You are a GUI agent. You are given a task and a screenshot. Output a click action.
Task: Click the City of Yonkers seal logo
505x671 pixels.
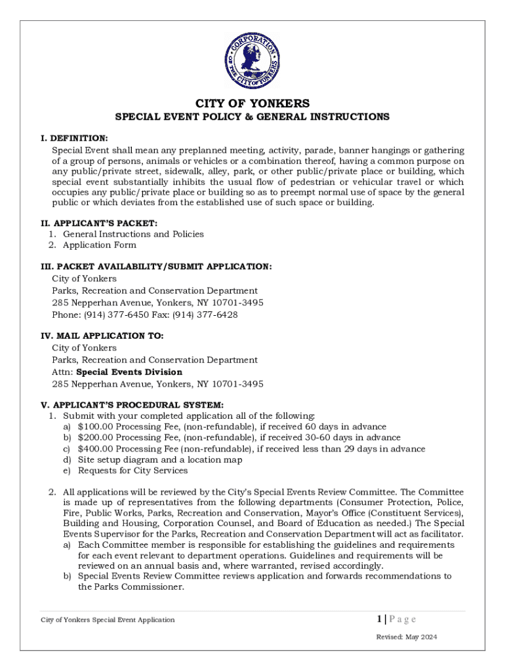coord(253,61)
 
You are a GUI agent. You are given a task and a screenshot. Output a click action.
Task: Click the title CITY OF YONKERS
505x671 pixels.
coord(253,104)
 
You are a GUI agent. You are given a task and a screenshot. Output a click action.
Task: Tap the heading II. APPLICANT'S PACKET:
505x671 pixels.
coord(99,223)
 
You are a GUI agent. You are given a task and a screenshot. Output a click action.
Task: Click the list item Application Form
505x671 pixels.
coord(100,245)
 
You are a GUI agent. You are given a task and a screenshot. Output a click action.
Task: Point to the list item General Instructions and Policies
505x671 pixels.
coord(133,234)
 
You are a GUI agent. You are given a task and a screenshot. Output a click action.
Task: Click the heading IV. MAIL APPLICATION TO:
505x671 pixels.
coord(102,335)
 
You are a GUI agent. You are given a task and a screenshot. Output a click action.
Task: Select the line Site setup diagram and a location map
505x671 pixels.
coord(160,460)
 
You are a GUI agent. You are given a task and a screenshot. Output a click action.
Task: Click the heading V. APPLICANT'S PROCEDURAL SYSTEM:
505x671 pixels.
coord(132,405)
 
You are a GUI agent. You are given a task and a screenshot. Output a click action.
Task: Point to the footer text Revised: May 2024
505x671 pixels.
coord(406,638)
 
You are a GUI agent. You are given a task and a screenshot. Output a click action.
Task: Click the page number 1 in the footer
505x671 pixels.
coord(380,619)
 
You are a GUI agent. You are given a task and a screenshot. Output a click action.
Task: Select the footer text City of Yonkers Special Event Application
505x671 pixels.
coord(108,620)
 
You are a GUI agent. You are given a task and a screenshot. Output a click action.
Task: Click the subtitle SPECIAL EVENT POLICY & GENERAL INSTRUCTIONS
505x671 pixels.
coord(253,117)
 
